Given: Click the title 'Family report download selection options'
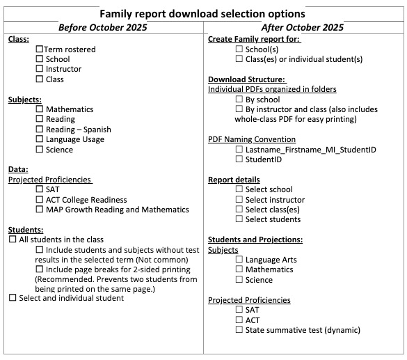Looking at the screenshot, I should coord(202,14).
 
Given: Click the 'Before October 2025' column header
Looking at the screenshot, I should coord(103,28).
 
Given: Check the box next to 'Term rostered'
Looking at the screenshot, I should coord(39,49).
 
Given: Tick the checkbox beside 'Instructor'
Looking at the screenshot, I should coord(39,69).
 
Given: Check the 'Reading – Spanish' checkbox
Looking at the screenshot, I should coord(39,130).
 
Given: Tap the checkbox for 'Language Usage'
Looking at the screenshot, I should coord(39,139).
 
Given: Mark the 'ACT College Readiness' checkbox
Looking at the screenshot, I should coord(39,200).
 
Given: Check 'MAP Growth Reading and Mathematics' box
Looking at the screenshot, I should coord(39,210).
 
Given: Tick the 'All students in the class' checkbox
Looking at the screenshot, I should coord(13,240).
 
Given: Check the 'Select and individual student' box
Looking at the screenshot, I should coord(13,298).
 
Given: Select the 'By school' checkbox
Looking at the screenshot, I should coord(239,100).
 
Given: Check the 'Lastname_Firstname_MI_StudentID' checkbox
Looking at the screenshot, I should coord(239,150).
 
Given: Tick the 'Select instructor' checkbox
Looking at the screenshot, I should coord(239,200).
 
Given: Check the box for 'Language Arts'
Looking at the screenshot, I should coord(239,260).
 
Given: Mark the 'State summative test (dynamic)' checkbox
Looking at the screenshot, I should coord(239,330).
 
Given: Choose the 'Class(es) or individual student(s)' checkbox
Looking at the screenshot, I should coord(239,59).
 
